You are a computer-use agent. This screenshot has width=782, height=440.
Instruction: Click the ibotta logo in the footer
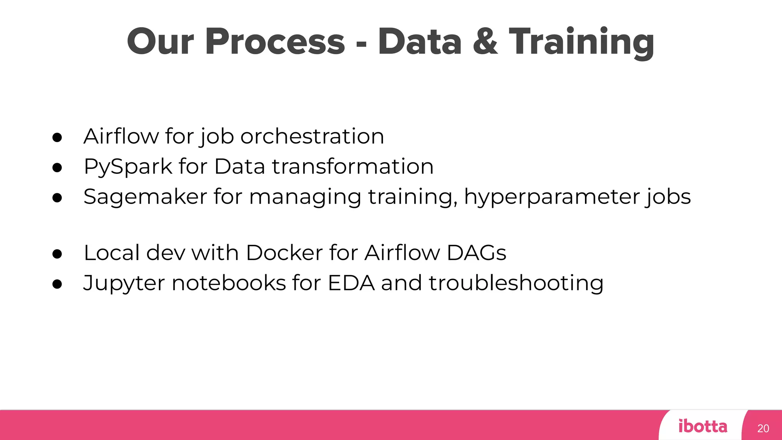(x=703, y=426)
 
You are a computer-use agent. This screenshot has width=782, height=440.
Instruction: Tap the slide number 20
(x=763, y=429)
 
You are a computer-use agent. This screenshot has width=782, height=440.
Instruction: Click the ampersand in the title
(x=485, y=42)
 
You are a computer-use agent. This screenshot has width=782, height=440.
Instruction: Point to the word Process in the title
(x=275, y=42)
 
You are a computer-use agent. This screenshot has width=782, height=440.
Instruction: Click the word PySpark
(x=128, y=167)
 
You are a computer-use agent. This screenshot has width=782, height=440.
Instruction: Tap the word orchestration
(x=312, y=136)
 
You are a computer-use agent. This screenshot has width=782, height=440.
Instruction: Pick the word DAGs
(x=476, y=253)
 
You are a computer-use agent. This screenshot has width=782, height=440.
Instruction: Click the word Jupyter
(x=124, y=284)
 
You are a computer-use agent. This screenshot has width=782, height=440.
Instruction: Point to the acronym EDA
(x=351, y=283)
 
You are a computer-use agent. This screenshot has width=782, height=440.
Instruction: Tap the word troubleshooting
(x=516, y=284)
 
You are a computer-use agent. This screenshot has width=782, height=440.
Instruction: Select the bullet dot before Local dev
(x=57, y=254)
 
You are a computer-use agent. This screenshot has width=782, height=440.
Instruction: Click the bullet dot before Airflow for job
(x=57, y=137)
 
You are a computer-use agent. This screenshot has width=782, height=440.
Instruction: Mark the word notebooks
(x=229, y=283)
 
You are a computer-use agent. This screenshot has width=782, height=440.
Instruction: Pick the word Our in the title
(x=160, y=42)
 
